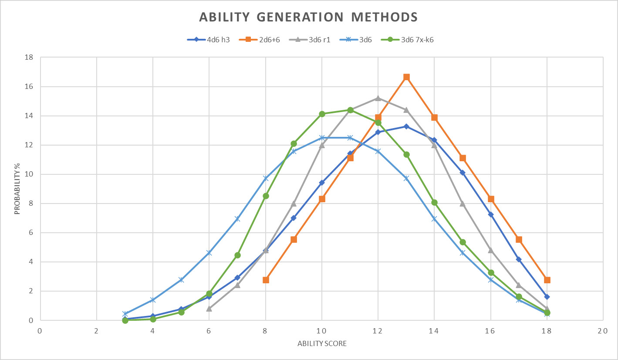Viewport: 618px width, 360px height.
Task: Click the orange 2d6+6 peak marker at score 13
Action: [406, 77]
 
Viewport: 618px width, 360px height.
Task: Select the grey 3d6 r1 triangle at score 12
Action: [378, 98]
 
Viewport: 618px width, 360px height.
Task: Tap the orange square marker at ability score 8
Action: [266, 280]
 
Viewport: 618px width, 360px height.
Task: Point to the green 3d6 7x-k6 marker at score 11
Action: [350, 110]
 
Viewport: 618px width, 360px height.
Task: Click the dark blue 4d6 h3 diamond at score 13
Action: [406, 126]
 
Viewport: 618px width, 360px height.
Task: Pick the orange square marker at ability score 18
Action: [547, 280]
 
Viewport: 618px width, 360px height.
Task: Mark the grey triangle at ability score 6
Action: [209, 309]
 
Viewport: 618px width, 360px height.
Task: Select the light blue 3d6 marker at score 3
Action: [125, 314]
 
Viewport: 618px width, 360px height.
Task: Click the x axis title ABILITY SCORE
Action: [322, 343]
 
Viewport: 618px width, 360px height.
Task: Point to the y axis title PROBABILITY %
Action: [17, 189]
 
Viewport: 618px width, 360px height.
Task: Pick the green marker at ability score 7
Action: [237, 255]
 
